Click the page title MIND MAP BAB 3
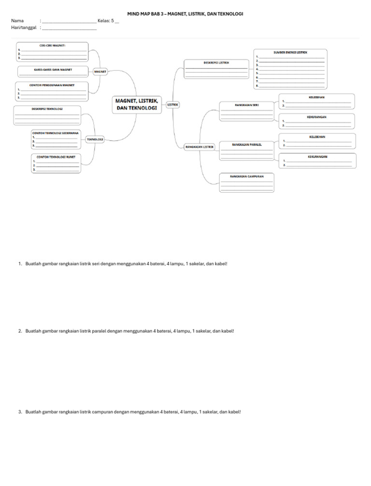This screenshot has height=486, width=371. click(x=185, y=14)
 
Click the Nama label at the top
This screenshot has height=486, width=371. click(x=17, y=21)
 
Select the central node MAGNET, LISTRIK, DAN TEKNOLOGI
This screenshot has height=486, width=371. click(x=137, y=104)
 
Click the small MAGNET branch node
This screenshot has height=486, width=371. click(x=100, y=71)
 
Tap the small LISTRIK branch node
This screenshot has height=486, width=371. click(x=173, y=104)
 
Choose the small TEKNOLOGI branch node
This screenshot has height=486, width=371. click(x=95, y=139)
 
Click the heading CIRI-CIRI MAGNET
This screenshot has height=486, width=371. click(x=52, y=45)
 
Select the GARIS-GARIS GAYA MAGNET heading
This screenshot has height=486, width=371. click(x=53, y=70)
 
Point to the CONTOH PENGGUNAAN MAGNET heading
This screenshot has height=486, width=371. click(x=51, y=85)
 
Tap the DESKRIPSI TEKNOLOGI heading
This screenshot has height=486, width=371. click(x=47, y=109)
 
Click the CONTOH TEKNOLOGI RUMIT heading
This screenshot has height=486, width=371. click(x=56, y=157)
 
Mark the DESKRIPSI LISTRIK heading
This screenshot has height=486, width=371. click(x=216, y=62)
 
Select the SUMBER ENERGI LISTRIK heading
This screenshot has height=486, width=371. click(x=290, y=52)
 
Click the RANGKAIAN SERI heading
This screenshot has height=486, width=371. click(x=247, y=104)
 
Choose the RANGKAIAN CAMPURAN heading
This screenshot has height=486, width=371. click(x=246, y=176)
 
